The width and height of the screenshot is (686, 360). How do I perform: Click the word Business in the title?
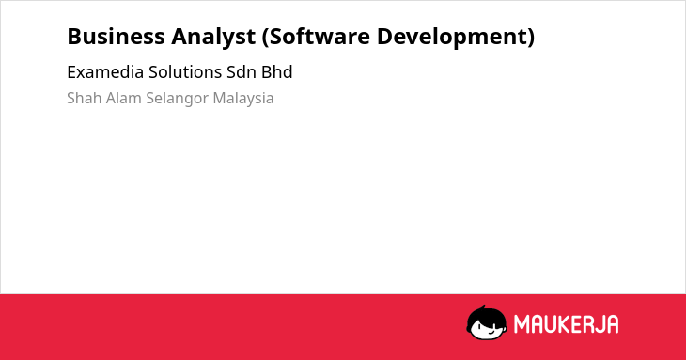116,37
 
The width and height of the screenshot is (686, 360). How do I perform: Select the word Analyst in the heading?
213,38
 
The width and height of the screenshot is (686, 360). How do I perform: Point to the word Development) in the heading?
456,38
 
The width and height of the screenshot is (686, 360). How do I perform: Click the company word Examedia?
105,72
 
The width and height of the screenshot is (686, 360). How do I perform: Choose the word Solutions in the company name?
185,72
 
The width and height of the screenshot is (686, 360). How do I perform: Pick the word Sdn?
242,72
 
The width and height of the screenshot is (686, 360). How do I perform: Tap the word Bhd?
277,72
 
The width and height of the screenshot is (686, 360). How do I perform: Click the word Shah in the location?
84,98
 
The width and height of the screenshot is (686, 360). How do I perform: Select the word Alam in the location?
123,98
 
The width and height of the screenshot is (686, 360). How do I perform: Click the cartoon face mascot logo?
487,322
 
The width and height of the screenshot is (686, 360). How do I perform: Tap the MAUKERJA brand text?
566,324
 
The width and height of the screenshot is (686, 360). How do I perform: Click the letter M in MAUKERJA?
522,324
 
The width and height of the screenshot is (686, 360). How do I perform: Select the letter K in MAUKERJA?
566,324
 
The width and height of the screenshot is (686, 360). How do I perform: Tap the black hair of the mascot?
485,314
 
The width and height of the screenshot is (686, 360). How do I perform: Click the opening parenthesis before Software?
265,38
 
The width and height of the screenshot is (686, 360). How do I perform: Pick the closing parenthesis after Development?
531,38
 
